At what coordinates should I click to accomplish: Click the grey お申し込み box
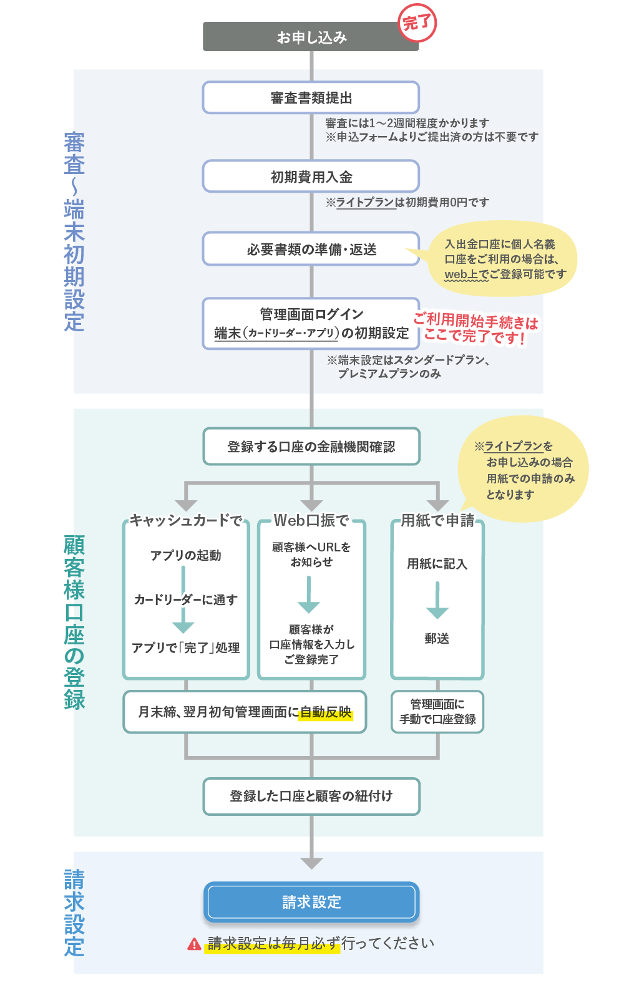(311, 37)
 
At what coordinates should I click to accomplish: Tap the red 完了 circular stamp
(417, 24)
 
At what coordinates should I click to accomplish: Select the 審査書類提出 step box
(311, 98)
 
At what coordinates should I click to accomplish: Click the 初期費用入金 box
(311, 177)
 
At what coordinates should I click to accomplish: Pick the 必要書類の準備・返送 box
(311, 249)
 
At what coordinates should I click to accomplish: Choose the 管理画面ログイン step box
(311, 323)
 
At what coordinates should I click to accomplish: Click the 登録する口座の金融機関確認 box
(311, 447)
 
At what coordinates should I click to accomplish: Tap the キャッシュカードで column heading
(186, 520)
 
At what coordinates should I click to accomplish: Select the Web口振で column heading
(311, 520)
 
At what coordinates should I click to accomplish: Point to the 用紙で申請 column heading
(437, 520)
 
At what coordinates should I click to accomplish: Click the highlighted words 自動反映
(326, 712)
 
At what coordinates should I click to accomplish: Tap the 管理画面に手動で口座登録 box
(437, 712)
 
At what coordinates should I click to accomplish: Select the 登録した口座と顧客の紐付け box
(311, 796)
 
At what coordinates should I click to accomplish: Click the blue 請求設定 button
(311, 902)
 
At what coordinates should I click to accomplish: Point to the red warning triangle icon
(195, 944)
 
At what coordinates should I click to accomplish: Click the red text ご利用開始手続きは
(475, 321)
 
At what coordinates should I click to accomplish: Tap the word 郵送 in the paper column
(437, 639)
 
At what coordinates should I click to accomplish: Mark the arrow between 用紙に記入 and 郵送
(437, 600)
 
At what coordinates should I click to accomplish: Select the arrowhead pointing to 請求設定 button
(311, 863)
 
